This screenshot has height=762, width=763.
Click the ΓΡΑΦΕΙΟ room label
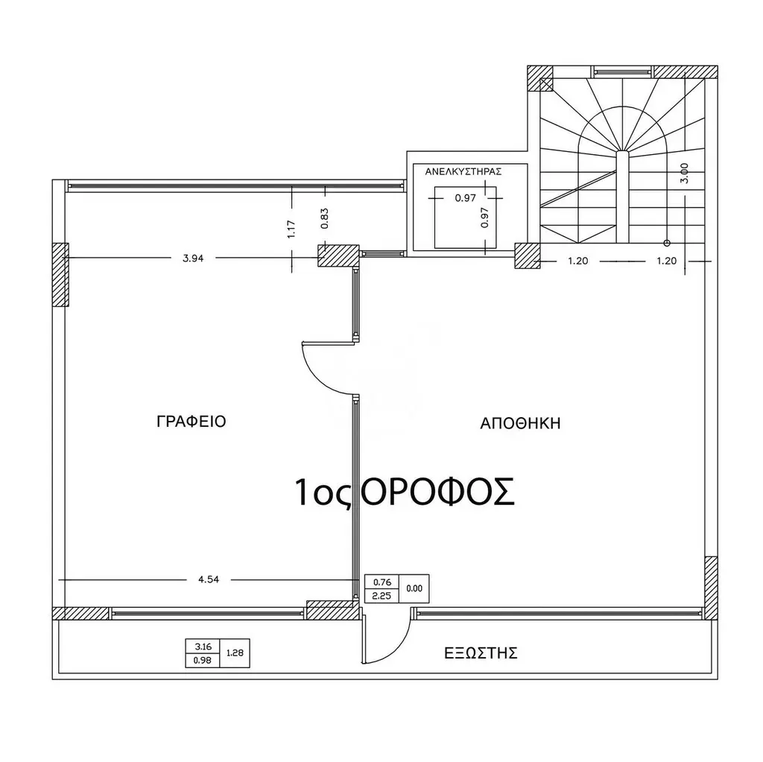click(191, 422)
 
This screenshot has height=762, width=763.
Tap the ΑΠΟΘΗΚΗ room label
click(520, 423)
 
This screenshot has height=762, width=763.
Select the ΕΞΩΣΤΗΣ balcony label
click(481, 653)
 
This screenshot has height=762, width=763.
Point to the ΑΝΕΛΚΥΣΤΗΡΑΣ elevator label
click(463, 172)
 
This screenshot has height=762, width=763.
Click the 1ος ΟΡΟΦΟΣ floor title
click(405, 492)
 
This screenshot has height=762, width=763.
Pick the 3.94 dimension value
click(193, 258)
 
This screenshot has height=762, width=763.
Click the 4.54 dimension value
click(209, 580)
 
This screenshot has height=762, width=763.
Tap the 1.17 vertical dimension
click(291, 229)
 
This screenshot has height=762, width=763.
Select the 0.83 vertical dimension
click(325, 218)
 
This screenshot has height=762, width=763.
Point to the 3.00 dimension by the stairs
click(684, 173)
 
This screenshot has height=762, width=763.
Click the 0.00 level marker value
click(414, 588)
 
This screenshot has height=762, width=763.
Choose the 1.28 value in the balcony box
click(235, 653)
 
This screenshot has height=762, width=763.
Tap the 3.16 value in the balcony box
click(203, 647)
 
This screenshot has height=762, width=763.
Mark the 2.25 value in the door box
click(381, 596)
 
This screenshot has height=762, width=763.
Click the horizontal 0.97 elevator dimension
click(465, 198)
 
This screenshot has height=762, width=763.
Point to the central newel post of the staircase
click(623, 197)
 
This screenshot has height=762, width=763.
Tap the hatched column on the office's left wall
click(60, 274)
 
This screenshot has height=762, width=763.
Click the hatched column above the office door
click(338, 255)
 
